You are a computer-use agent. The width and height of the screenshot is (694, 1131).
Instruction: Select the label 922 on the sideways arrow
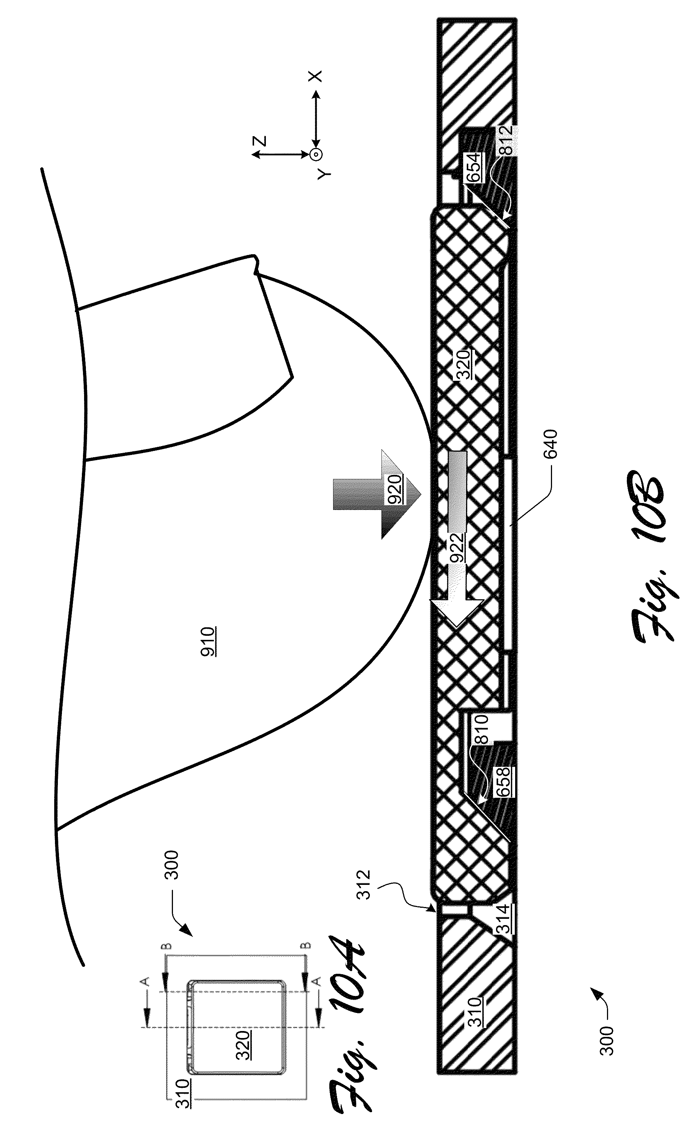tap(456, 548)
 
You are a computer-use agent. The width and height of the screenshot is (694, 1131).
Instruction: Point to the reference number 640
tap(550, 444)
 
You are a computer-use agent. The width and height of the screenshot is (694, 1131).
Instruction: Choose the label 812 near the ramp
tap(504, 141)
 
